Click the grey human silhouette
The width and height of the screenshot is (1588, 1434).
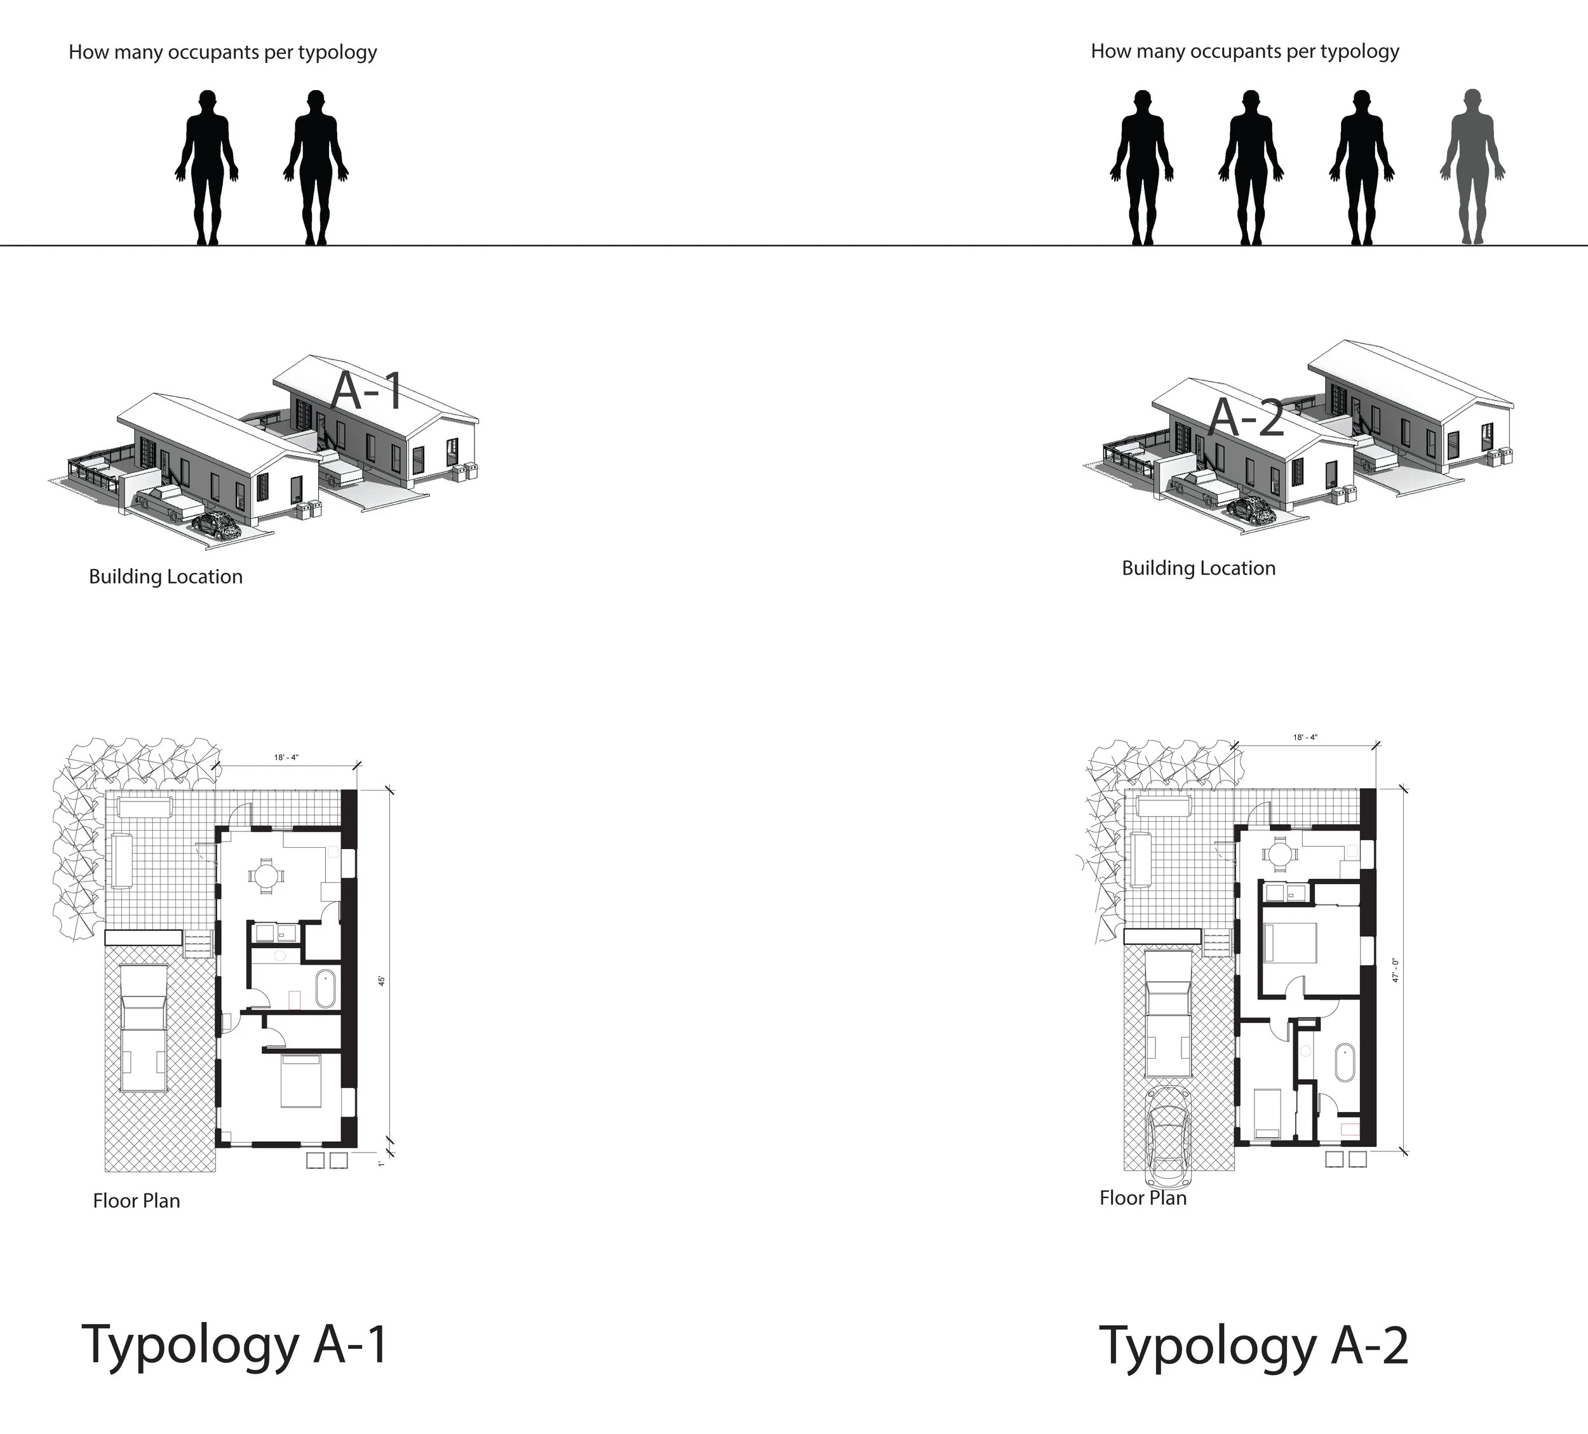[1471, 167]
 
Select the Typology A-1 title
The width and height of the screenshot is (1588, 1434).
[235, 1345]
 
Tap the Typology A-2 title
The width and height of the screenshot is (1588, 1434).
[1253, 1346]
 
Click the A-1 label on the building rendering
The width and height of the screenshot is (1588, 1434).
[367, 391]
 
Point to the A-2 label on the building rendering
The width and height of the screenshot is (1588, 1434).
[1246, 417]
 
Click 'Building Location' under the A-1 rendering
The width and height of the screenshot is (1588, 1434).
[165, 577]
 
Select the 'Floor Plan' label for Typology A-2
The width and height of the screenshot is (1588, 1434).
[1142, 1198]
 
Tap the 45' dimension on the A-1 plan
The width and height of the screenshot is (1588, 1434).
[382, 981]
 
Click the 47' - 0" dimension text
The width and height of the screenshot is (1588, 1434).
[1395, 969]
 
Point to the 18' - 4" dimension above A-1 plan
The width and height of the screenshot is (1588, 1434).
[286, 758]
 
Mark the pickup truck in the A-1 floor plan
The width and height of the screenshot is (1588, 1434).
[144, 1028]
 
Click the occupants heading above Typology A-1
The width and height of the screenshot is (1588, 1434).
[223, 53]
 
